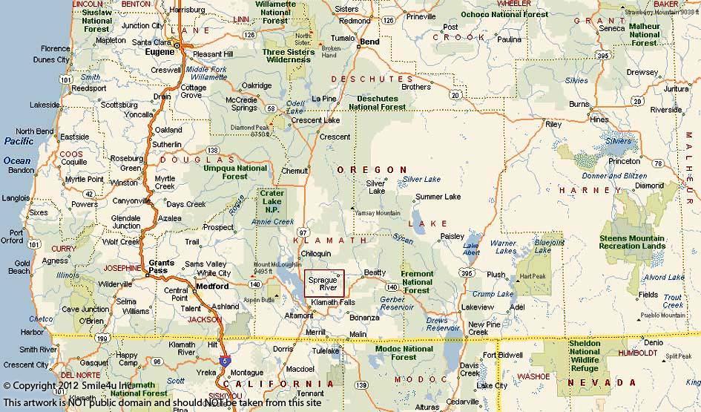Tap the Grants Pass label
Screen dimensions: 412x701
pyautogui.click(x=162, y=267)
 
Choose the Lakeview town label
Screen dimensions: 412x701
pyautogui.click(x=477, y=307)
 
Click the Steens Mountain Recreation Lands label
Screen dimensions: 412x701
pyautogui.click(x=632, y=243)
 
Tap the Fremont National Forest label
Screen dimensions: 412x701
pyautogui.click(x=417, y=282)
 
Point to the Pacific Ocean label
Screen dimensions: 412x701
pyautogui.click(x=17, y=150)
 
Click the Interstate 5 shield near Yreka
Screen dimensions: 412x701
pyautogui.click(x=224, y=361)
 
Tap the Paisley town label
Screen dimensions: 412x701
pyautogui.click(x=452, y=236)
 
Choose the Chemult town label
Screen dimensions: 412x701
pyautogui.click(x=294, y=171)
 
